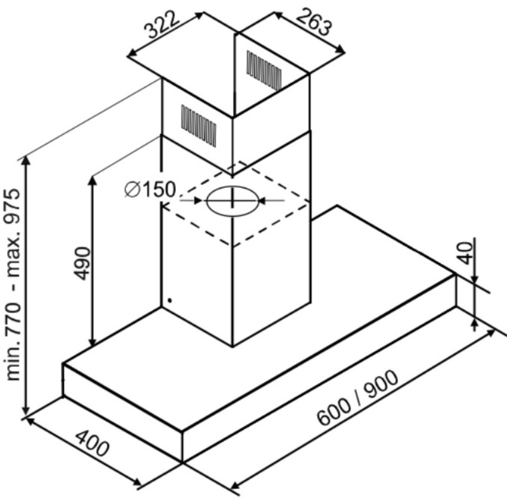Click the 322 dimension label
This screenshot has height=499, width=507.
pyautogui.click(x=162, y=24)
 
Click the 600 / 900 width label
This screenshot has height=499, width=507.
pyautogui.click(x=357, y=397)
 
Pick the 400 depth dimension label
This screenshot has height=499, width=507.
pyautogui.click(x=92, y=443)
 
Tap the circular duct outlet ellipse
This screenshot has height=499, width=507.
pyautogui.click(x=232, y=201)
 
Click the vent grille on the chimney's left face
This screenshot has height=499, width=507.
pyautogui.click(x=199, y=126)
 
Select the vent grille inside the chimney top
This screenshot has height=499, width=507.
pyautogui.click(x=264, y=70)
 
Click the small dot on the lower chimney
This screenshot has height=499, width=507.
pyautogui.click(x=170, y=300)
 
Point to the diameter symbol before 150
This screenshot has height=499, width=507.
pyautogui.click(x=132, y=190)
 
